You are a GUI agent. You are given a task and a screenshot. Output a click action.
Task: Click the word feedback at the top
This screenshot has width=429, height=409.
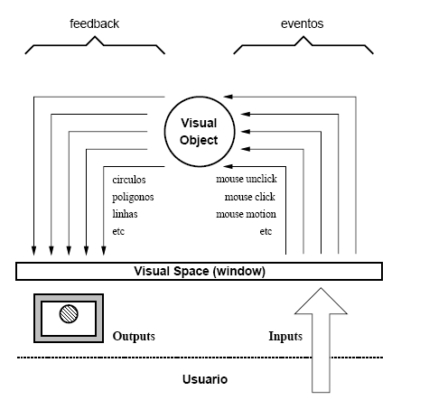point(94,23)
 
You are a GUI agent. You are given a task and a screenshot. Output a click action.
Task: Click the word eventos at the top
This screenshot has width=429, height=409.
point(302,23)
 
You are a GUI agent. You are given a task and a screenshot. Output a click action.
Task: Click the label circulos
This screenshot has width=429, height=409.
point(129,180)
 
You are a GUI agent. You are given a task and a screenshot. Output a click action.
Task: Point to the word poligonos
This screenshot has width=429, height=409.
point(133,197)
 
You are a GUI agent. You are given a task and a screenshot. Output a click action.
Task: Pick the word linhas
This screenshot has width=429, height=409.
point(125,214)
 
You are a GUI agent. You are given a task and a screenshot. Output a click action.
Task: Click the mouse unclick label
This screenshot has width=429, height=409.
point(247,179)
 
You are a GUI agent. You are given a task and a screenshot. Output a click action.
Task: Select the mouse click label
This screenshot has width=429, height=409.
point(249,197)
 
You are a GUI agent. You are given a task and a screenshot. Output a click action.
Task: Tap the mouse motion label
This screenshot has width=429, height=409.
point(246,214)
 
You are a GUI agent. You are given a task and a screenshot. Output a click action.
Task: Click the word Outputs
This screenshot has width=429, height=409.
point(134,336)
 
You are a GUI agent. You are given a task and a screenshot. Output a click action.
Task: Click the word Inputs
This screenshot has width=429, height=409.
point(285,336)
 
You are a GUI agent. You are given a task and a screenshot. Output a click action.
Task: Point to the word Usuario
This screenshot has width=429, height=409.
point(205,379)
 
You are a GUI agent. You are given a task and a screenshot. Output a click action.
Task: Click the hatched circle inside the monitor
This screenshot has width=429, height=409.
point(69,313)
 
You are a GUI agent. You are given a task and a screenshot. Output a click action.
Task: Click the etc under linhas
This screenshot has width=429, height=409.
point(118,231)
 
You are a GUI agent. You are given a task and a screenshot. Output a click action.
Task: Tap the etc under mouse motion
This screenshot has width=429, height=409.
point(266,231)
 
